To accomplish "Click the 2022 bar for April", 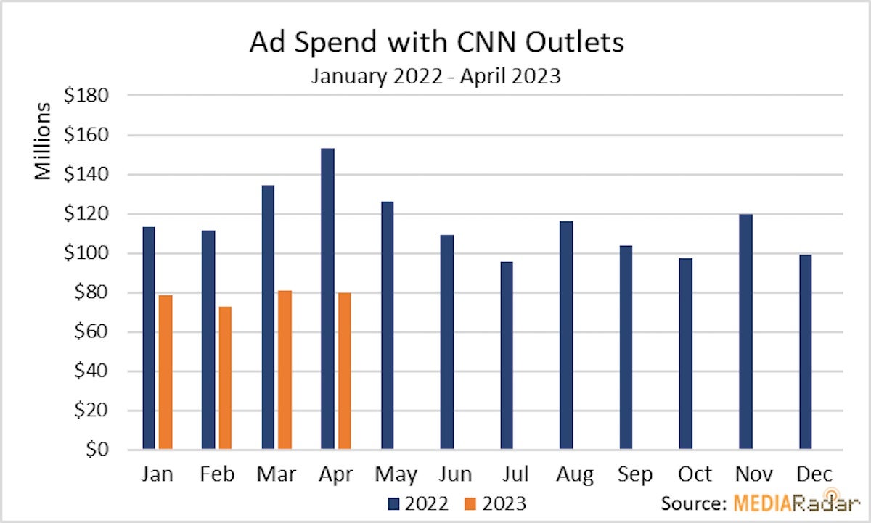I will (x=328, y=299).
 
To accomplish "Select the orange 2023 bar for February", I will (x=225, y=378).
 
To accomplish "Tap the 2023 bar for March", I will (x=285, y=370).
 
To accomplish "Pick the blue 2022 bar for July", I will (x=507, y=355).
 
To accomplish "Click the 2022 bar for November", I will (x=745, y=332).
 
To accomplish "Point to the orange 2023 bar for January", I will (x=165, y=372).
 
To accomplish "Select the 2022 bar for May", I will (x=388, y=326).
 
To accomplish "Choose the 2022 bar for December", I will (x=805, y=352).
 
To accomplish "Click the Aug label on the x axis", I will (x=575, y=474).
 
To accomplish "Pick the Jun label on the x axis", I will (x=457, y=474).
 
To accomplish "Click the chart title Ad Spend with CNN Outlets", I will (x=436, y=43).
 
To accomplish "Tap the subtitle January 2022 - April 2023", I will (x=436, y=76).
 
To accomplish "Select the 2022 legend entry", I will (x=420, y=503).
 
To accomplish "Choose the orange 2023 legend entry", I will (x=496, y=503).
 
